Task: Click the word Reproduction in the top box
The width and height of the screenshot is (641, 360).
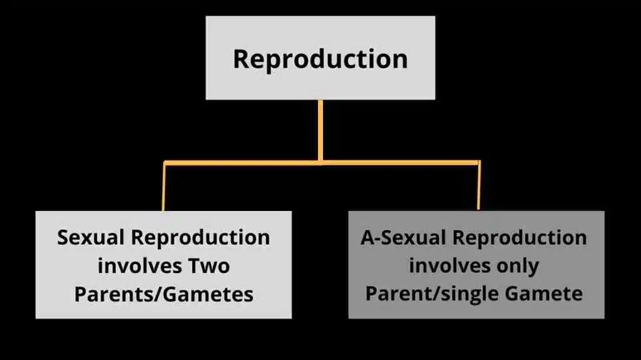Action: tap(320, 59)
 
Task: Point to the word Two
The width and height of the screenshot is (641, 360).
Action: tap(209, 266)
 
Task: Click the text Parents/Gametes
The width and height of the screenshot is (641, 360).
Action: tap(163, 294)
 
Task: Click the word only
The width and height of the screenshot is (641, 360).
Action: tap(515, 265)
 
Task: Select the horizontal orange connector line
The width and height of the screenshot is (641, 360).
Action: tap(244, 163)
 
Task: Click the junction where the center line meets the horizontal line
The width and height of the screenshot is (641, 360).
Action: tap(320, 162)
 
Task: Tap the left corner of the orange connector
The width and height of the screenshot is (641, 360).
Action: tap(165, 163)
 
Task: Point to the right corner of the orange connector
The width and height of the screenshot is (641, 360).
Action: tap(479, 163)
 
